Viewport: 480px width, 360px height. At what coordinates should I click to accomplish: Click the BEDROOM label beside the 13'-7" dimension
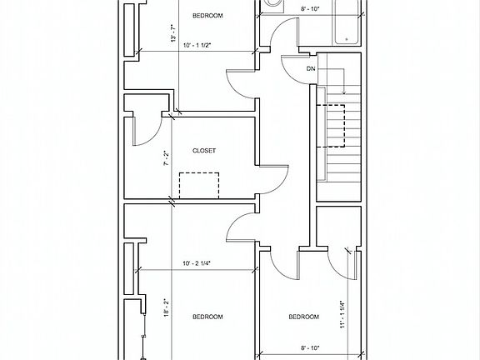pos(207,16)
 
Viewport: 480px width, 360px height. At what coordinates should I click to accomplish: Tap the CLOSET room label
pos(204,151)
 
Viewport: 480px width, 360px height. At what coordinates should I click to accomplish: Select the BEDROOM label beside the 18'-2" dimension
pos(207,317)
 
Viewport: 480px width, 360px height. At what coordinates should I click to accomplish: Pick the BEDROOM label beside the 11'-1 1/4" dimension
pos(303,317)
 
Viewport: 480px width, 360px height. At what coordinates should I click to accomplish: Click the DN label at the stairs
pos(311,68)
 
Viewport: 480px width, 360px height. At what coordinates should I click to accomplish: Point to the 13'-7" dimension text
pos(173,34)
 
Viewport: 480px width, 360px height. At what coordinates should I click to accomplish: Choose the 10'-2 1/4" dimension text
pos(201,264)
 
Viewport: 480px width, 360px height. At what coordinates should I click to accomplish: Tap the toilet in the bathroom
pos(272,7)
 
